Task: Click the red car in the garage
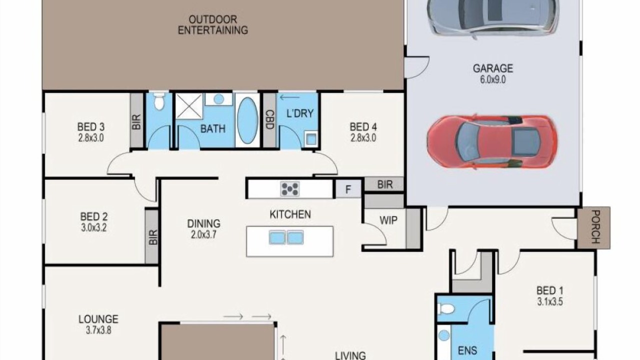491,142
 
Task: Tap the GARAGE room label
493,68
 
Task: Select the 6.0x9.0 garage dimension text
493,79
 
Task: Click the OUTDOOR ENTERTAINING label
213,24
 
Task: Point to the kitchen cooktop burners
290,189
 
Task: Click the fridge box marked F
348,189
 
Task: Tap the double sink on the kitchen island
286,237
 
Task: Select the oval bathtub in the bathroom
247,120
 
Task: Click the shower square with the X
189,106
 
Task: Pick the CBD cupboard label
269,119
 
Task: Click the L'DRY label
300,113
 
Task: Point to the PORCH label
595,227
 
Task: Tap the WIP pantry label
388,220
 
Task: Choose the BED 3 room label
91,126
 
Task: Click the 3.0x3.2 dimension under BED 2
93,227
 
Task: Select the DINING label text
203,223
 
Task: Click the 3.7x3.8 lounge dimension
98,330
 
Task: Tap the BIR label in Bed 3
136,122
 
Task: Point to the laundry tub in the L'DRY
311,139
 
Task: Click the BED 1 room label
549,290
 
